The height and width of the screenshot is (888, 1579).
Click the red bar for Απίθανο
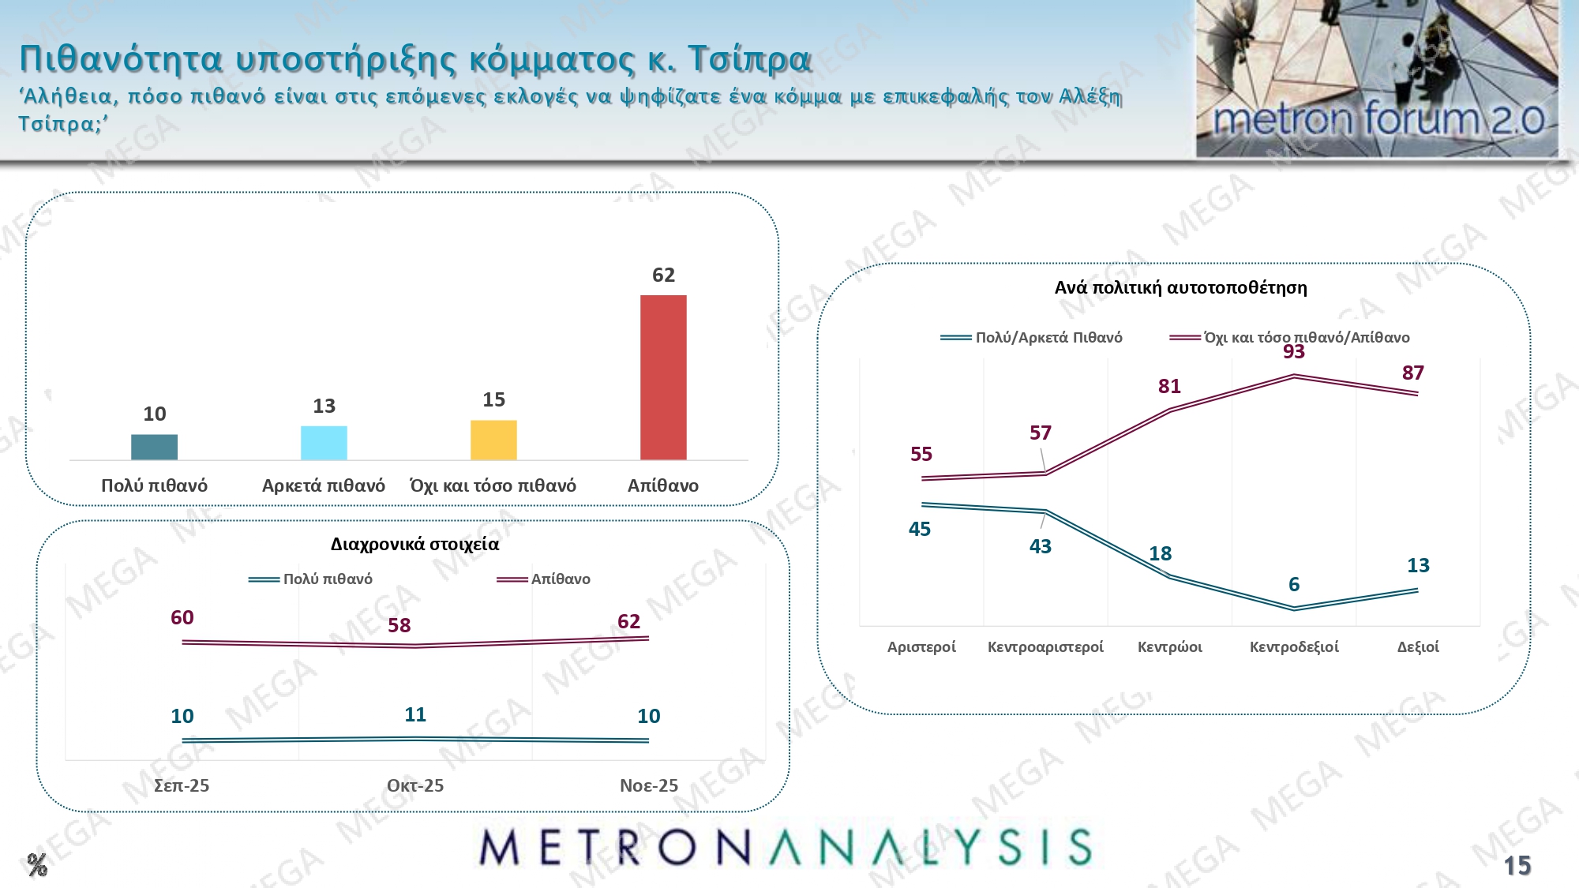663,377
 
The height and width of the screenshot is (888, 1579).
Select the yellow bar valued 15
493,440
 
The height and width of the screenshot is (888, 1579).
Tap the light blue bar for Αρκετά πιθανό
324,443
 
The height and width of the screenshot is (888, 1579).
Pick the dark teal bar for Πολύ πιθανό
154,447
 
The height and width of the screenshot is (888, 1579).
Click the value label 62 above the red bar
663,275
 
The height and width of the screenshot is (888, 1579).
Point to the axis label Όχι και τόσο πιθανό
493,485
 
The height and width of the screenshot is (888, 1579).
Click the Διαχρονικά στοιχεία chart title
414,544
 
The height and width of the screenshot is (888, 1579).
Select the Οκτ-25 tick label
415,785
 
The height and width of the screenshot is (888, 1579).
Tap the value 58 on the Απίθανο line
399,625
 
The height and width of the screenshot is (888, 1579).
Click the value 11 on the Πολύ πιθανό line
415,714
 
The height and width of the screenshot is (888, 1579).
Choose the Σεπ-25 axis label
182,785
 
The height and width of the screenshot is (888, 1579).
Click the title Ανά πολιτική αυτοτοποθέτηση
1180,287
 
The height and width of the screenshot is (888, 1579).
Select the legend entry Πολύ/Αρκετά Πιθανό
1048,337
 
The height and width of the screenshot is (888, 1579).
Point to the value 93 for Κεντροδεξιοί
1294,352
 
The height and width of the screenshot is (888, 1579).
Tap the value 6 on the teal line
1294,584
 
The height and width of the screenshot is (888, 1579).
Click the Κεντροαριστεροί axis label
1045,646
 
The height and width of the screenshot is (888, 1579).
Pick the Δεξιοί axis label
1418,646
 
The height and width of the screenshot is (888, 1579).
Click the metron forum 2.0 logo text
1378,120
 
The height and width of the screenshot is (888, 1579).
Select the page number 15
1517,866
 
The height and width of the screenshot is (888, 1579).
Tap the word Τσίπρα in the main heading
749,58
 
